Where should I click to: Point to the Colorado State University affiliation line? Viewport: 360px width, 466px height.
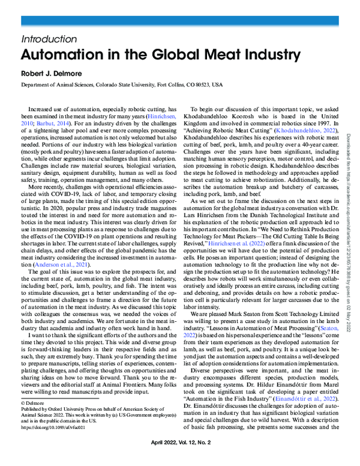[x=121, y=85]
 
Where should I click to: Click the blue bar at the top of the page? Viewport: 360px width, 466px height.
[x=180, y=21]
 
